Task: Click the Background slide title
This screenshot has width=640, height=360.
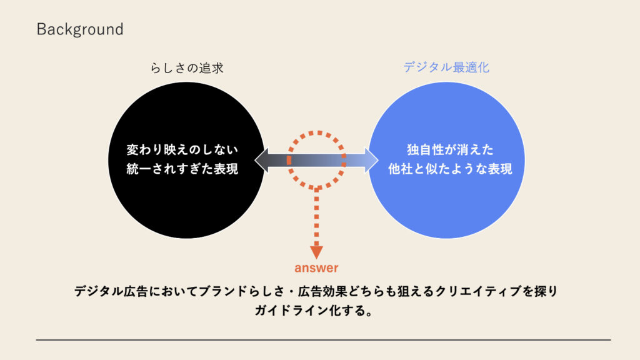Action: (x=80, y=29)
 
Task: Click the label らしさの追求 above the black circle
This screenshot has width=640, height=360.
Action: (x=187, y=67)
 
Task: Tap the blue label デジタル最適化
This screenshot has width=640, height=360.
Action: (x=446, y=67)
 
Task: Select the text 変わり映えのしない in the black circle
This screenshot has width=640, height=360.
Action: (x=182, y=149)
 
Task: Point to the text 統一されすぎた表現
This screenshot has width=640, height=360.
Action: (x=182, y=169)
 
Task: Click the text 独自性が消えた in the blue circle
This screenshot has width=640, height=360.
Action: (x=450, y=149)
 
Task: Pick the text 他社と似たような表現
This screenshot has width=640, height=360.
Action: (x=450, y=169)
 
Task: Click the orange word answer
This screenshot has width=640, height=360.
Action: (x=316, y=267)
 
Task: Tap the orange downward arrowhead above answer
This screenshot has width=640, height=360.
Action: (x=316, y=252)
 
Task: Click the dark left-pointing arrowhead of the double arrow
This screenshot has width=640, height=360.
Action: (x=262, y=160)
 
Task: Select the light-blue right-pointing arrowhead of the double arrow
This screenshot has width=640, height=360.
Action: (x=371, y=160)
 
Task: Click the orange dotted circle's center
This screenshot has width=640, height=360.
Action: (x=316, y=161)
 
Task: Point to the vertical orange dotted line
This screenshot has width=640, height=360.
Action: (x=316, y=218)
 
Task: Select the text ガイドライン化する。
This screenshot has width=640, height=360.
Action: (x=314, y=311)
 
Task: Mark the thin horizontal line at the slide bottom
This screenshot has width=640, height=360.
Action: (x=323, y=339)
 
